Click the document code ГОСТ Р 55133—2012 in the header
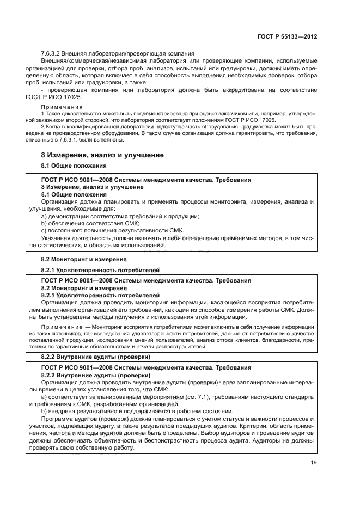coord(287,36)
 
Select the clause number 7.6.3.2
coord(52,53)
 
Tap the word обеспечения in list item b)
coord(67,224)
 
